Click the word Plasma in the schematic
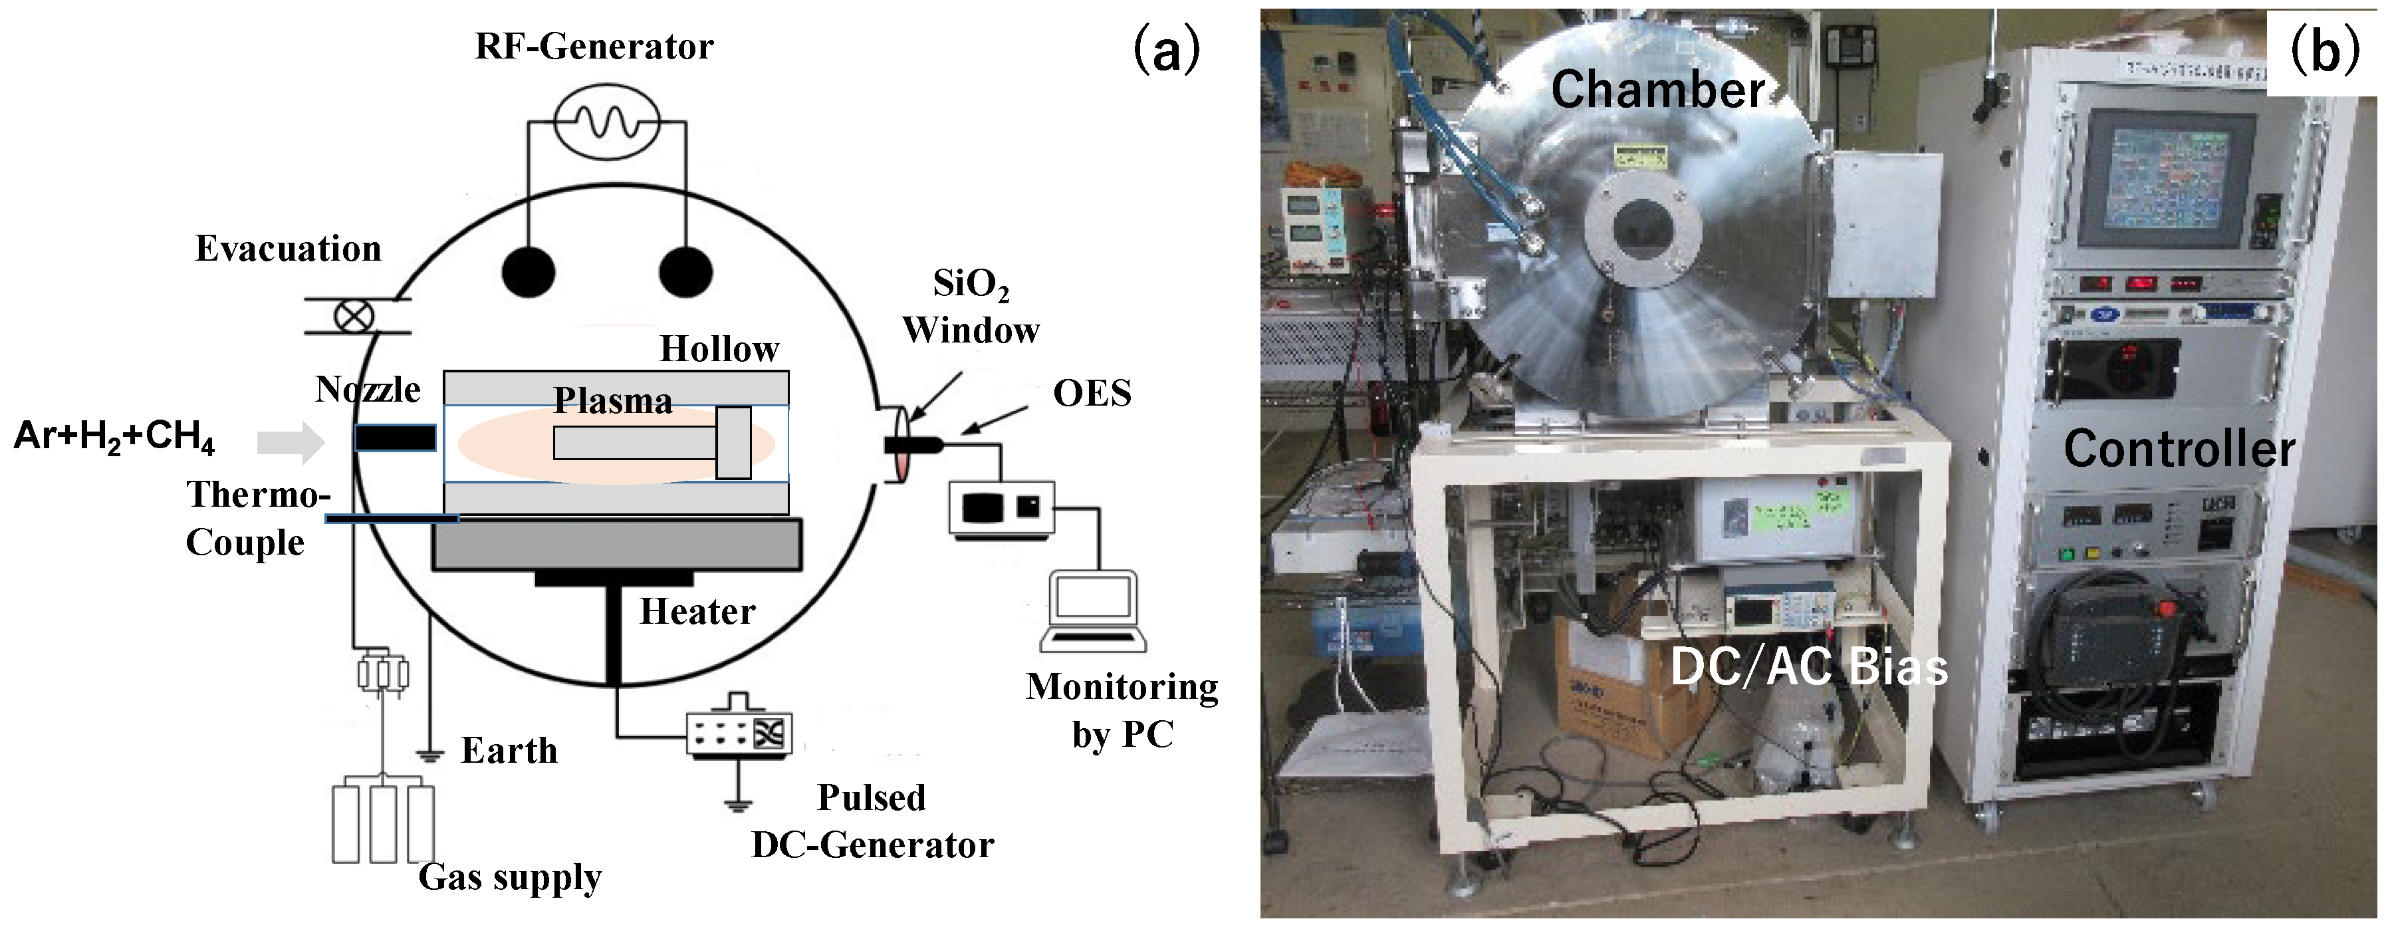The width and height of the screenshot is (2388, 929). pyautogui.click(x=613, y=400)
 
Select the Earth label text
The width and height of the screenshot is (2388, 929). pyautogui.click(x=509, y=750)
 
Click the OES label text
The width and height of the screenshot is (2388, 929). pyautogui.click(x=1092, y=393)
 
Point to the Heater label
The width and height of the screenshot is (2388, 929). pyautogui.click(x=697, y=612)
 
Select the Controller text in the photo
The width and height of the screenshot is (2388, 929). pyautogui.click(x=2179, y=449)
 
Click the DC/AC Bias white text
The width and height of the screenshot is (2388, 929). pyautogui.click(x=1808, y=666)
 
